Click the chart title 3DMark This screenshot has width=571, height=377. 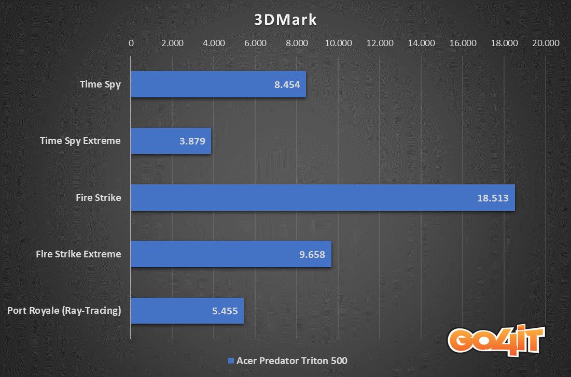coord(285,20)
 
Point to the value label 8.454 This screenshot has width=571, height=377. coord(287,84)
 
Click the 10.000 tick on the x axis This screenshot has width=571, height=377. coord(338,43)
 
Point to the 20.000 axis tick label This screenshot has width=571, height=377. coord(546,43)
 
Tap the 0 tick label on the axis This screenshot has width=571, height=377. coord(131,43)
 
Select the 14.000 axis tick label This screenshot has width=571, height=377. coord(421,43)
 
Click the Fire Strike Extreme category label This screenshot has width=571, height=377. coord(78,254)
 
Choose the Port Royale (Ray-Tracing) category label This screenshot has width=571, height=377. coord(64,311)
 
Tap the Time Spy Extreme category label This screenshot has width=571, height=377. coord(80,141)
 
